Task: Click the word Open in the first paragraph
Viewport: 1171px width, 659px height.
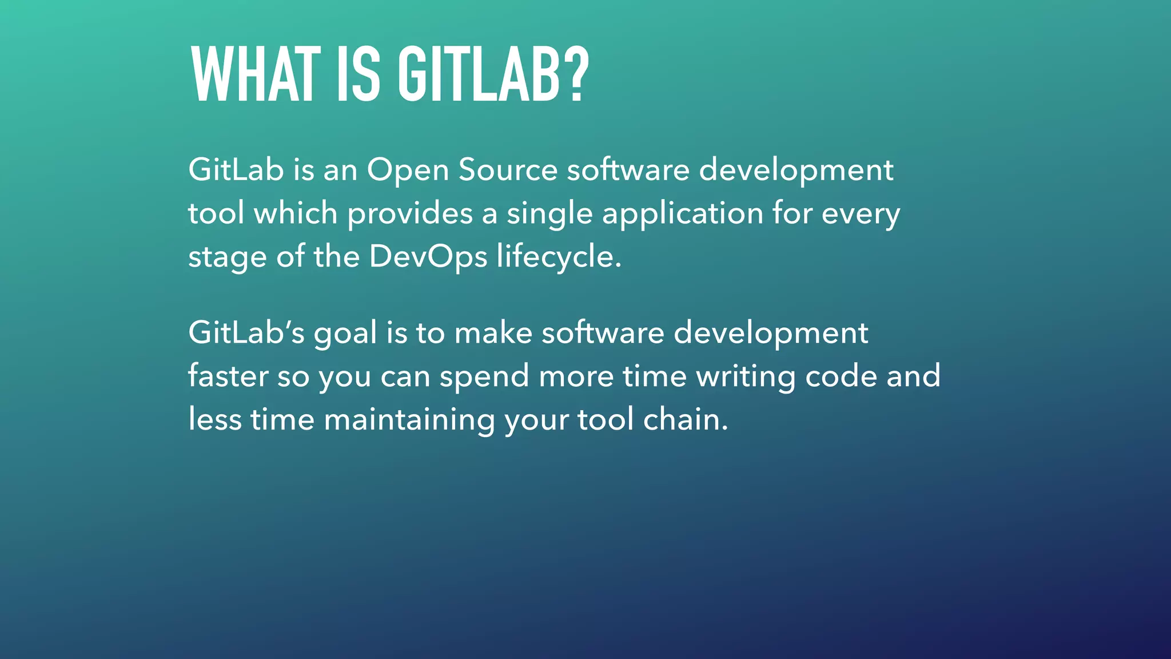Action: pyautogui.click(x=408, y=170)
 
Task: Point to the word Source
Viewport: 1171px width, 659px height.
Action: pyautogui.click(x=508, y=170)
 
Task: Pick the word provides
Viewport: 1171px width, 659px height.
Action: pyautogui.click(x=410, y=214)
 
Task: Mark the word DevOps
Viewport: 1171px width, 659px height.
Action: pyautogui.click(x=428, y=257)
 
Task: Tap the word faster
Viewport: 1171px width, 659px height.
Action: pyautogui.click(x=228, y=376)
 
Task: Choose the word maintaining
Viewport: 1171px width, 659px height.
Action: pyautogui.click(x=409, y=420)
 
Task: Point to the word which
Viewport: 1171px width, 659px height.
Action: pyautogui.click(x=296, y=214)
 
